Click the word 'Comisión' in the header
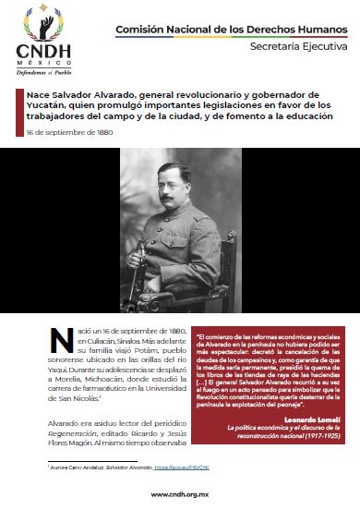tap(138, 30)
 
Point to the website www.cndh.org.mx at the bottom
tap(179, 493)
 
